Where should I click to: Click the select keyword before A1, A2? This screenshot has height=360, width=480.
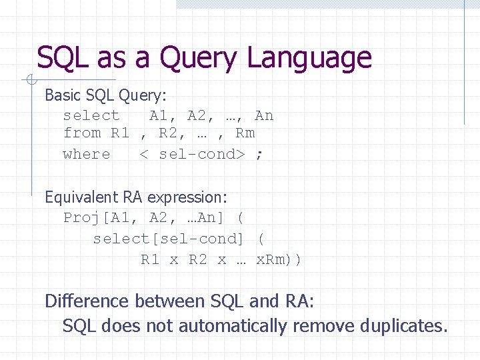[x=91, y=116]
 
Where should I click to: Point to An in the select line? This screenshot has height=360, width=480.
[x=264, y=116]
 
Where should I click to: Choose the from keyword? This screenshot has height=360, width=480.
[x=81, y=133]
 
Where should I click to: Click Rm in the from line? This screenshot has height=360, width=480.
[x=245, y=133]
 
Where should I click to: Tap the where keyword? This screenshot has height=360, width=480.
[x=87, y=154]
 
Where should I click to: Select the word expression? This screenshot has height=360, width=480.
[x=187, y=198]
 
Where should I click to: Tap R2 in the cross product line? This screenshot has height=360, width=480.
[x=198, y=259]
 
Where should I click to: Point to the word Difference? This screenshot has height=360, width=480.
[x=87, y=301]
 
